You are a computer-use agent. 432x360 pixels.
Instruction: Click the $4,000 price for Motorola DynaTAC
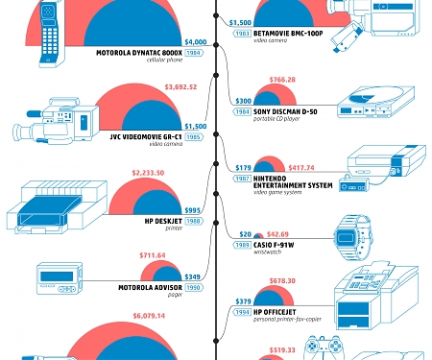(195, 42)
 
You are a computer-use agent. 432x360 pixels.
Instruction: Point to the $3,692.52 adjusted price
(180, 87)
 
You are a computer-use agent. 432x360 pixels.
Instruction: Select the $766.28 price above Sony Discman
(282, 80)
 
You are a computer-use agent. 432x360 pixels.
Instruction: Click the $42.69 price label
(278, 234)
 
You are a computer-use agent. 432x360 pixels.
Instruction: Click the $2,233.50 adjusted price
(149, 173)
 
